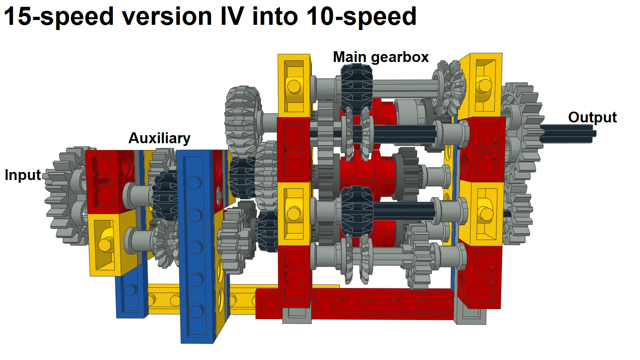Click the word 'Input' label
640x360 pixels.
coord(22,175)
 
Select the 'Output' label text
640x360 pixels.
coord(592,117)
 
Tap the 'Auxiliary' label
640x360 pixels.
coord(159,138)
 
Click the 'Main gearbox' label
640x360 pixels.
coord(380,57)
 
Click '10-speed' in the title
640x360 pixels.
coord(361,16)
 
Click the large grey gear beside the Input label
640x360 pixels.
coord(66,196)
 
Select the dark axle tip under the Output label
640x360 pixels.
coord(568,133)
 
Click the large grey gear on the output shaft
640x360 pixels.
coord(520,120)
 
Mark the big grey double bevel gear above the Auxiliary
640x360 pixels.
coord(243,118)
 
